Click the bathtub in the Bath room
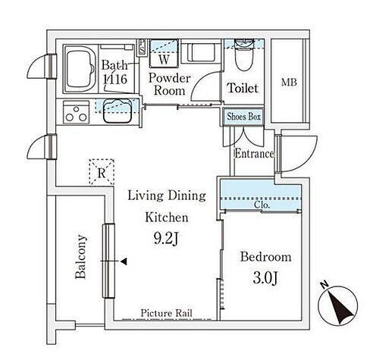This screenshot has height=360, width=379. pos(80,69)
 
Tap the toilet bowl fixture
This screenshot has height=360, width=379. pos(243,55)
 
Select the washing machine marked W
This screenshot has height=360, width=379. pos(164,54)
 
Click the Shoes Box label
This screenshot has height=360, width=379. pos(243,117)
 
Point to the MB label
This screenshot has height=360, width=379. pos(290,82)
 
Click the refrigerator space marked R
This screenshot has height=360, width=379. pos(102,172)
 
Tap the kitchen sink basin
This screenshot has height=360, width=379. pos(117,111)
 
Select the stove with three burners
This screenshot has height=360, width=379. pos(76,113)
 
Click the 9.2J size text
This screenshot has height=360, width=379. pos(167,239)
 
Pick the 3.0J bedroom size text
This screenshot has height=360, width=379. pos(265,278)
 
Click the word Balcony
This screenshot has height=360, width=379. pos(81,257)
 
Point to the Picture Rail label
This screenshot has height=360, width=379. pos(166,313)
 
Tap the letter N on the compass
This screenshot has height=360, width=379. pos(324,285)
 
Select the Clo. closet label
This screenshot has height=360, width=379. pos(262,205)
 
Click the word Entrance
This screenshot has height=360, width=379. pos(255,154)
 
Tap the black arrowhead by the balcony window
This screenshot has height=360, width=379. pos(124,261)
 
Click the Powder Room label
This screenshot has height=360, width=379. pos(169,84)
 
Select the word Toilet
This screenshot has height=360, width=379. pos(243,88)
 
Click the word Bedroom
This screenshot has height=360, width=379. pos(266,257)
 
